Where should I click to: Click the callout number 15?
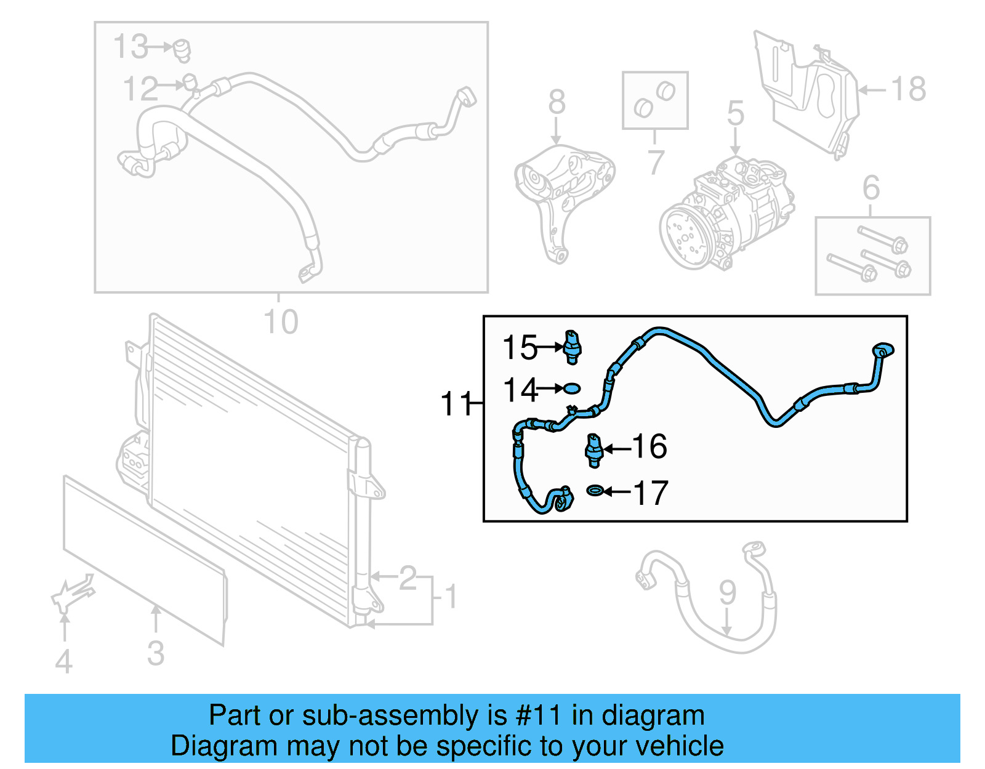520,348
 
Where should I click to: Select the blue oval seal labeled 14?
572,389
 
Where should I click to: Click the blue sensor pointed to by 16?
593,450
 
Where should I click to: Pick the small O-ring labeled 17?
595,491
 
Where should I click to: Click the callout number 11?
456,404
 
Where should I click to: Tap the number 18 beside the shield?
909,89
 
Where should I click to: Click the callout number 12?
140,89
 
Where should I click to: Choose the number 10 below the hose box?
280,321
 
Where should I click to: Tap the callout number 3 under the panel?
156,653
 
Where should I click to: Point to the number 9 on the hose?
728,592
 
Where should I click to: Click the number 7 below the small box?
656,162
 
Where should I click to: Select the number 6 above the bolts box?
870,187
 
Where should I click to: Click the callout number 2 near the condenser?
408,578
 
